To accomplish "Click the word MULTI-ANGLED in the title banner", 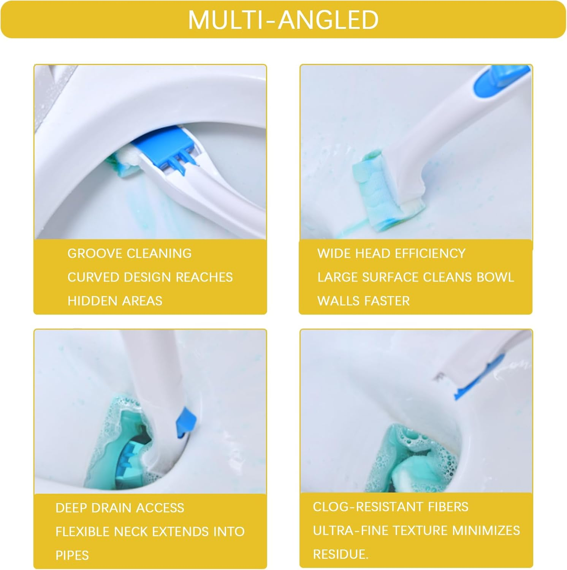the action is [x=283, y=20].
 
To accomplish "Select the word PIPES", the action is [x=72, y=555].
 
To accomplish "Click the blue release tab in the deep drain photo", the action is [x=186, y=420].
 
